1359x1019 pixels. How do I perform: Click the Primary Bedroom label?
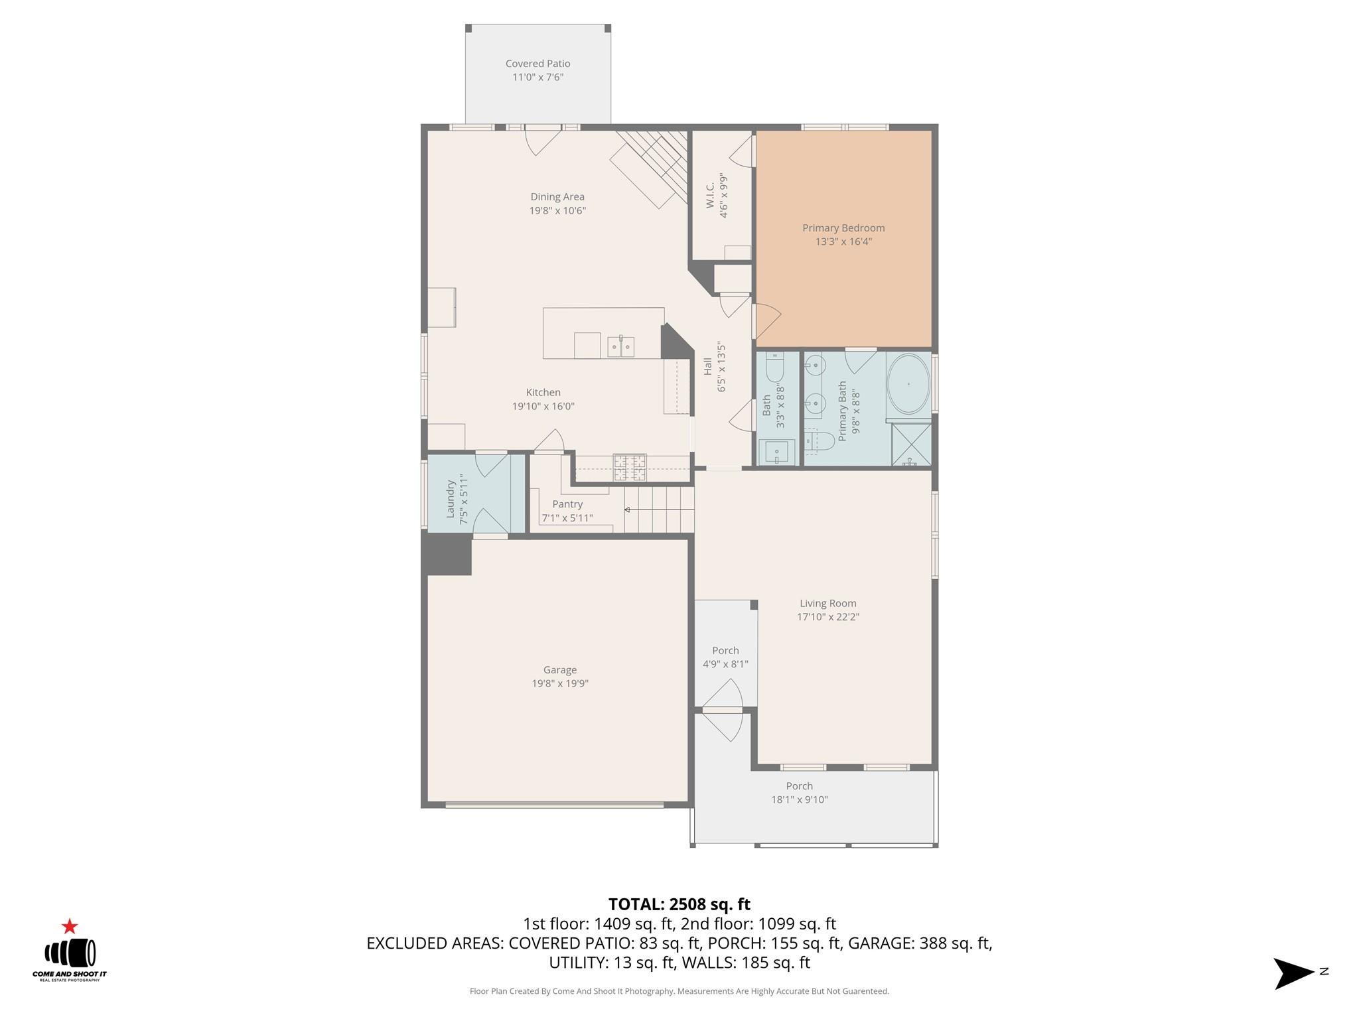point(843,228)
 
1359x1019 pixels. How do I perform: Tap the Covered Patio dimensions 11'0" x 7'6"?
point(537,77)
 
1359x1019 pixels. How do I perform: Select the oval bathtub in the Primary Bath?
point(908,384)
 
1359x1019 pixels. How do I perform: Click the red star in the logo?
point(70,927)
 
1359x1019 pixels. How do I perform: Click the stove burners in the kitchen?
point(629,466)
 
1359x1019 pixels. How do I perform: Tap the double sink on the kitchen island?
point(620,346)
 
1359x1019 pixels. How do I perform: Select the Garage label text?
point(559,670)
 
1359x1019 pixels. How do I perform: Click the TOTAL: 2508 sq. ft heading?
point(679,904)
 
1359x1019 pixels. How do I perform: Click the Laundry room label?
point(451,499)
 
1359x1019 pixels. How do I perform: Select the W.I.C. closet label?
point(710,196)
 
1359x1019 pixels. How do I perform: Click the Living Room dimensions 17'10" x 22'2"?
point(827,617)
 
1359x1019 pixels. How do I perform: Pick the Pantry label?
point(567,504)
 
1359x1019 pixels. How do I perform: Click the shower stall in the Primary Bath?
point(911,444)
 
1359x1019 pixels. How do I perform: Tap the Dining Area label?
point(557,197)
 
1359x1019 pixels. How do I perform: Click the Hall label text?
point(708,366)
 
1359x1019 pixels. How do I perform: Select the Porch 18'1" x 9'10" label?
point(799,793)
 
